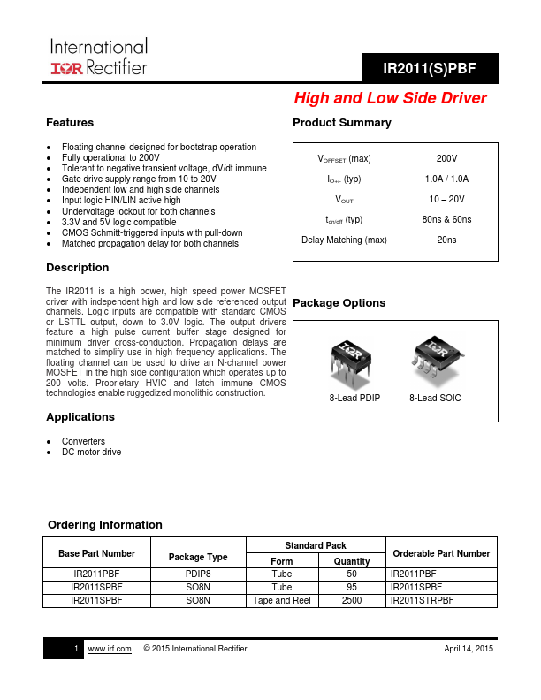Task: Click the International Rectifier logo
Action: tap(97, 56)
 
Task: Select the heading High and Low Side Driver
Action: tap(390, 98)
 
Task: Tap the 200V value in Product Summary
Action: tap(446, 158)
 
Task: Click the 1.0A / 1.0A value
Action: tap(446, 179)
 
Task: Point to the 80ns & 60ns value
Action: tap(446, 219)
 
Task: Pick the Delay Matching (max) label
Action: tap(344, 240)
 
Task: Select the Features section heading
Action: tap(70, 123)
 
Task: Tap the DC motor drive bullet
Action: tap(91, 452)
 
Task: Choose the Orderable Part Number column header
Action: tap(440, 553)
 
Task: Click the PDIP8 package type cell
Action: tap(198, 573)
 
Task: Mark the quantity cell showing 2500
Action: tap(352, 601)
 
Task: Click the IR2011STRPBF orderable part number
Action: tap(423, 601)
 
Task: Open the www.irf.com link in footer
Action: tap(110, 649)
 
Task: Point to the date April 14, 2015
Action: tap(468, 649)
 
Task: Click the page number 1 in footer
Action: tap(78, 649)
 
